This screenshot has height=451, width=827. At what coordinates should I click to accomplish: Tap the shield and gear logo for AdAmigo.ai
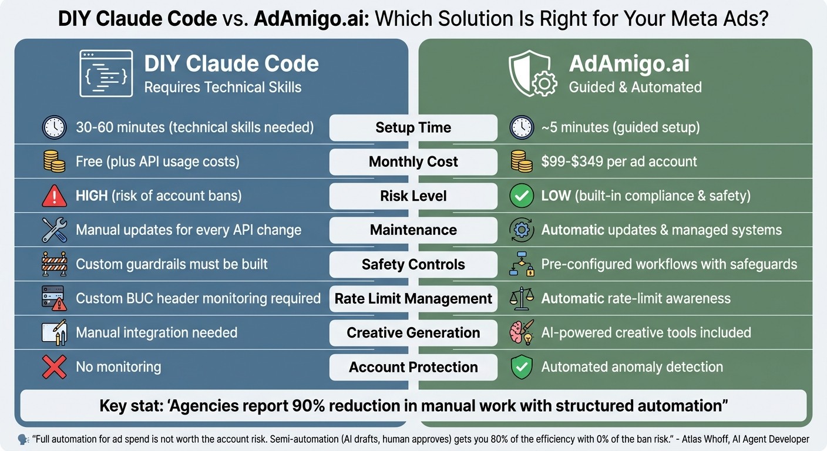(x=532, y=73)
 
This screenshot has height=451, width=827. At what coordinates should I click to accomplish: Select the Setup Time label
(x=413, y=127)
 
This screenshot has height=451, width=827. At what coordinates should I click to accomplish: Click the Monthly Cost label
(x=413, y=161)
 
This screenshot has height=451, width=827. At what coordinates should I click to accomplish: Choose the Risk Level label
(x=413, y=196)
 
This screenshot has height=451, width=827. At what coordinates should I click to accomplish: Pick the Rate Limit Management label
(x=413, y=298)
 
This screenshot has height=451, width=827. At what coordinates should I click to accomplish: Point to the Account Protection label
(x=413, y=367)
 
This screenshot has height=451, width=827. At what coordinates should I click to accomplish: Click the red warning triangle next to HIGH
(x=54, y=196)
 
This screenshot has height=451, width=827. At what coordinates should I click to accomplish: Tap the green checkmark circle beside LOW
(x=521, y=196)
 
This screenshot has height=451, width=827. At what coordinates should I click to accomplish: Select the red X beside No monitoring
(x=54, y=368)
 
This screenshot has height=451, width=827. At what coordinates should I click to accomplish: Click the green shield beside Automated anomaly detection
(x=521, y=368)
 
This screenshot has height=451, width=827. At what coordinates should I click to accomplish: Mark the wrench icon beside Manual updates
(x=54, y=230)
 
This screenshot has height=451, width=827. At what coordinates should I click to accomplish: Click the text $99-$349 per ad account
(x=619, y=161)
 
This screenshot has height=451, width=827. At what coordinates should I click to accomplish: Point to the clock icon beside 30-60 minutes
(x=54, y=128)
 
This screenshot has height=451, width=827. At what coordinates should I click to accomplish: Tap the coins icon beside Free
(x=54, y=162)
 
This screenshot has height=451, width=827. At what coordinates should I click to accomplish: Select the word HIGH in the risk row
(x=92, y=196)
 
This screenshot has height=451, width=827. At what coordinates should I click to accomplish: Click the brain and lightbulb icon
(x=521, y=333)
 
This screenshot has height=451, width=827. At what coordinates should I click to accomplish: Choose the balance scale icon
(x=521, y=299)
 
